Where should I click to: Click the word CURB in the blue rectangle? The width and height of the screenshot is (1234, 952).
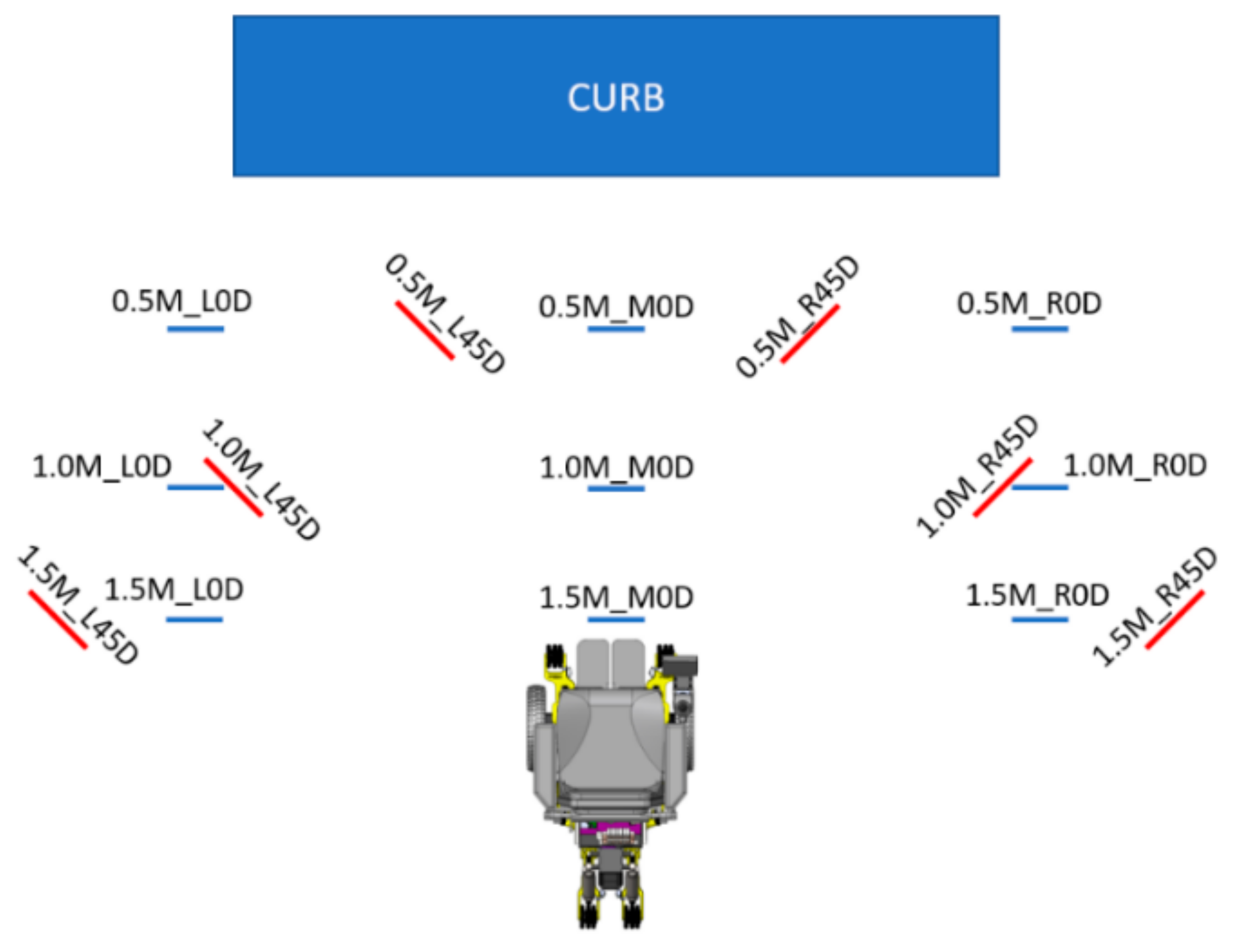(x=616, y=98)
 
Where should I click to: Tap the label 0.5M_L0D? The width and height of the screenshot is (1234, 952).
(x=182, y=301)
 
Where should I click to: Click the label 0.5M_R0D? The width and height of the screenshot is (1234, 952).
(x=1029, y=304)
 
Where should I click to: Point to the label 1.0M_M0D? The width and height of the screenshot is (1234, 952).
(x=617, y=468)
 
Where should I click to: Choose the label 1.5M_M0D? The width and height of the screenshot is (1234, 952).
(x=616, y=597)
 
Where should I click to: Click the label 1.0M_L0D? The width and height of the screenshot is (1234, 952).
(x=102, y=467)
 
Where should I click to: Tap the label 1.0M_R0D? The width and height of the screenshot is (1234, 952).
(x=1135, y=466)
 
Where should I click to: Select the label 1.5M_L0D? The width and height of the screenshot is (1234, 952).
(x=174, y=589)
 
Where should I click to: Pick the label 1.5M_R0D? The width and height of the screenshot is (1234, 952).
(x=1037, y=595)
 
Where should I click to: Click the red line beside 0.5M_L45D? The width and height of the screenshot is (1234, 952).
(x=425, y=330)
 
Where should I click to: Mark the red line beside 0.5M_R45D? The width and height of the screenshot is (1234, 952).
(x=810, y=334)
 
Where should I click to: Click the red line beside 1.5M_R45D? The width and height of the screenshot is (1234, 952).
(x=1175, y=620)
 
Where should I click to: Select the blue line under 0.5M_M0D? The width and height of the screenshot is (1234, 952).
(x=616, y=329)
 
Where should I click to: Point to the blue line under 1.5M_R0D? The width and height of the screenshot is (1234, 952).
(x=1040, y=620)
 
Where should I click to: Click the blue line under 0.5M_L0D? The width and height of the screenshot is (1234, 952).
(x=195, y=329)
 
